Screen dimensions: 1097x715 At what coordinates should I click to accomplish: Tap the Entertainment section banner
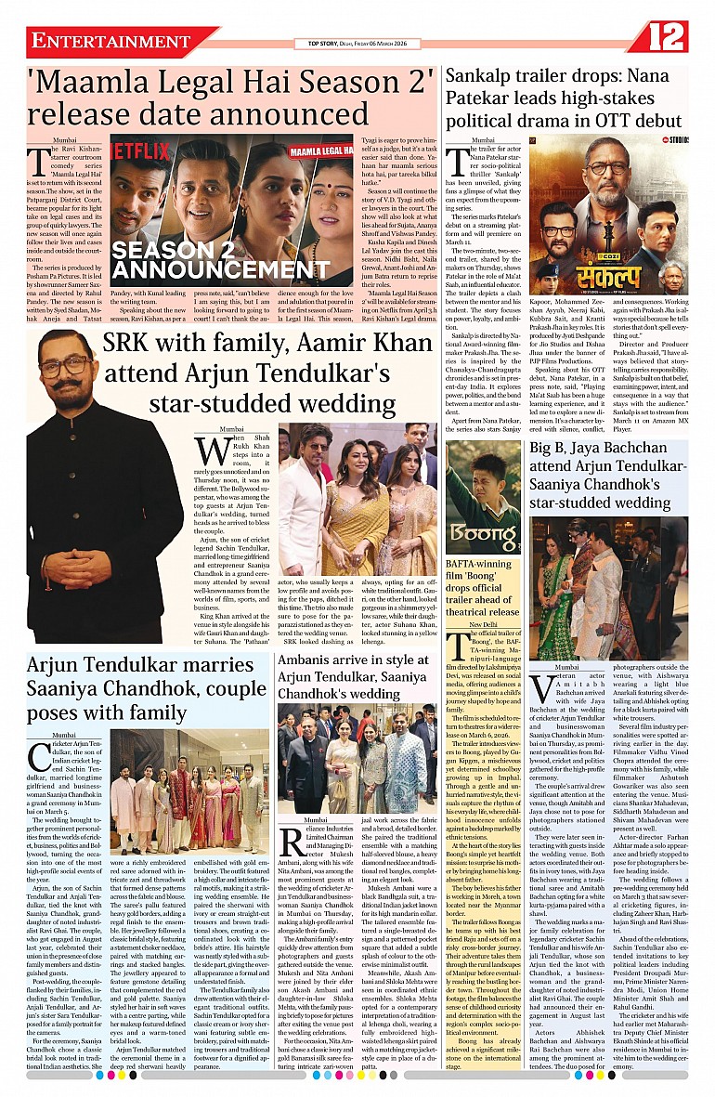pos(110,42)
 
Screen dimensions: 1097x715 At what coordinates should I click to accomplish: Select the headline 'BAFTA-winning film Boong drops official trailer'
pos(483,586)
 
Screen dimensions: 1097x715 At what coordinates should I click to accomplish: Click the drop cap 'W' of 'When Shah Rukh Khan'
pos(212,454)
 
